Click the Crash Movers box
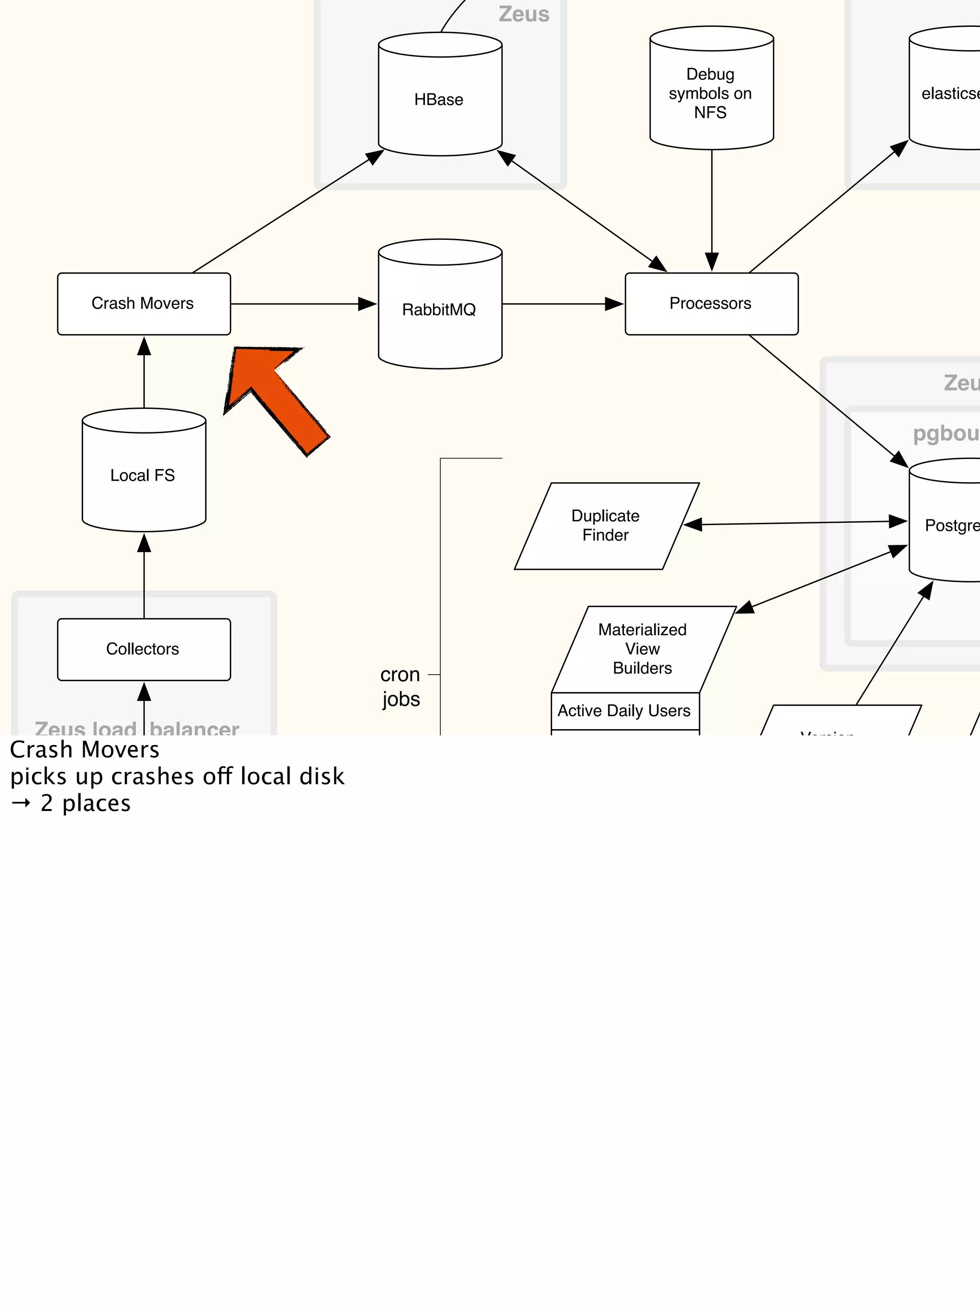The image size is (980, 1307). pos(144,304)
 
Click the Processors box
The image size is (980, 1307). pos(711,304)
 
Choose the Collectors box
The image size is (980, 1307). pos(144,649)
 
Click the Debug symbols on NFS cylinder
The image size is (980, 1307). pos(711,93)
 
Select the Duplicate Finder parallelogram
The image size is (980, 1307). pos(606,525)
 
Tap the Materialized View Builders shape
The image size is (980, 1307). pos(643,649)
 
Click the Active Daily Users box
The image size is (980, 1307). pos(624,711)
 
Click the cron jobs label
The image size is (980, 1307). pos(401,687)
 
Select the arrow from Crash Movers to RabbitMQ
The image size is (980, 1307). pos(301,304)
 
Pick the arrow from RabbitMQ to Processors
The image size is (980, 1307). pos(561,304)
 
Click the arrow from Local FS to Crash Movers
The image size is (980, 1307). pos(144,372)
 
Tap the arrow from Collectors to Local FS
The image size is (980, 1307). pos(144,576)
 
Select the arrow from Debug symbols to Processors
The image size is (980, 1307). pos(712,210)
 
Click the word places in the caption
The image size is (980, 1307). pos(96,803)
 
